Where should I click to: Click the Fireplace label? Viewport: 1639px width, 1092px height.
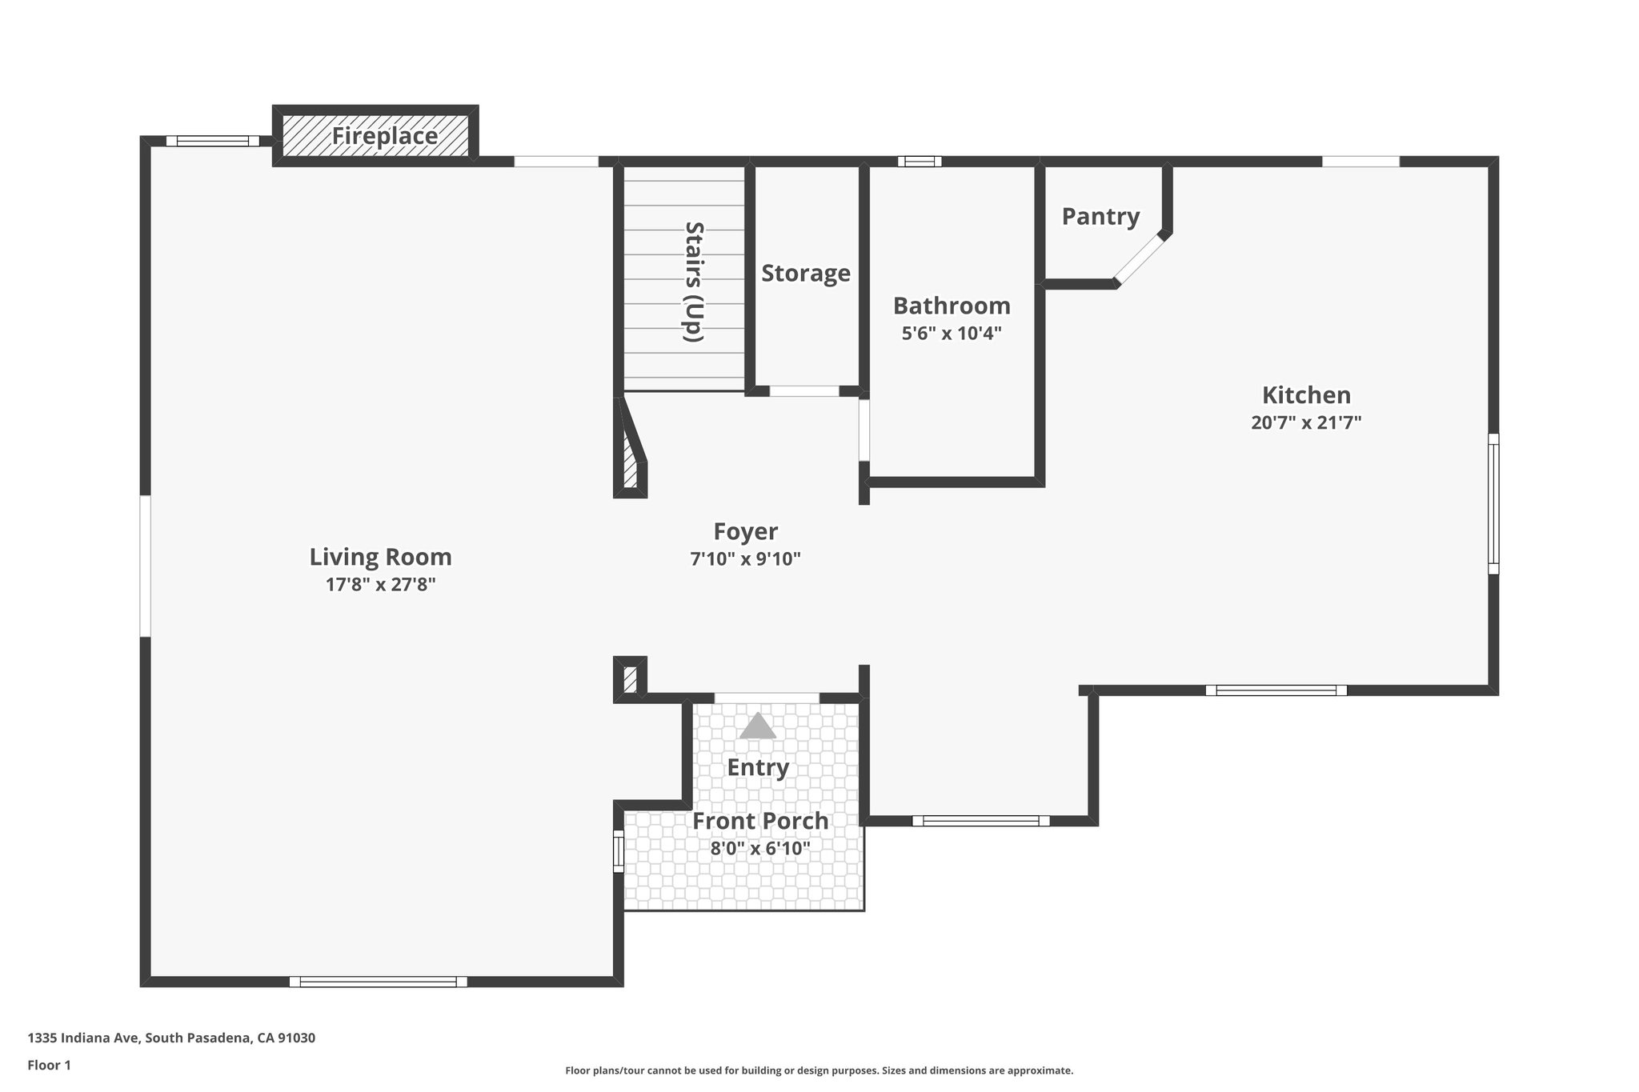click(384, 136)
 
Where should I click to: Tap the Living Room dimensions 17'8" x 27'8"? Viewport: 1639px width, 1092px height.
click(380, 585)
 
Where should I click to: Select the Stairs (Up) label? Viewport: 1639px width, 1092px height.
click(693, 282)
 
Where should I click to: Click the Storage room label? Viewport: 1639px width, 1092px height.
click(805, 274)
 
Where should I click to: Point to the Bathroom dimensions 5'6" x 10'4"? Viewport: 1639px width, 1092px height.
click(952, 334)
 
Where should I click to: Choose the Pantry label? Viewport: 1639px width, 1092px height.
click(1100, 217)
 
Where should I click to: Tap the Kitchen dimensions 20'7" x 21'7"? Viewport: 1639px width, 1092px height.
click(1306, 422)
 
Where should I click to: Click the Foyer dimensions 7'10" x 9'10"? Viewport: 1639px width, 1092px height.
click(745, 559)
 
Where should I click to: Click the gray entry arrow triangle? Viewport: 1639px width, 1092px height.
click(757, 726)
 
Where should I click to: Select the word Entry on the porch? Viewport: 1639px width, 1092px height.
click(758, 768)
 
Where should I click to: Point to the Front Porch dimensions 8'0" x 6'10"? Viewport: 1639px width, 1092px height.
click(760, 849)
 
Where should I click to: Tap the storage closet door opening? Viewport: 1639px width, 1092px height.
click(804, 391)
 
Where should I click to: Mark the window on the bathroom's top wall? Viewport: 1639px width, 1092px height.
click(919, 162)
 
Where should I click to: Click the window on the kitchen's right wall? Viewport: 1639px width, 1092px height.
click(1493, 503)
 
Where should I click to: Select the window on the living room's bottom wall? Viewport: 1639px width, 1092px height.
click(378, 982)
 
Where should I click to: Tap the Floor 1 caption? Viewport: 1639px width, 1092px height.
click(50, 1065)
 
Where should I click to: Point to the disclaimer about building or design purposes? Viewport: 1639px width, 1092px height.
click(819, 1070)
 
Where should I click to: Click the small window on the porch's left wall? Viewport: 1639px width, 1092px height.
click(618, 850)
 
